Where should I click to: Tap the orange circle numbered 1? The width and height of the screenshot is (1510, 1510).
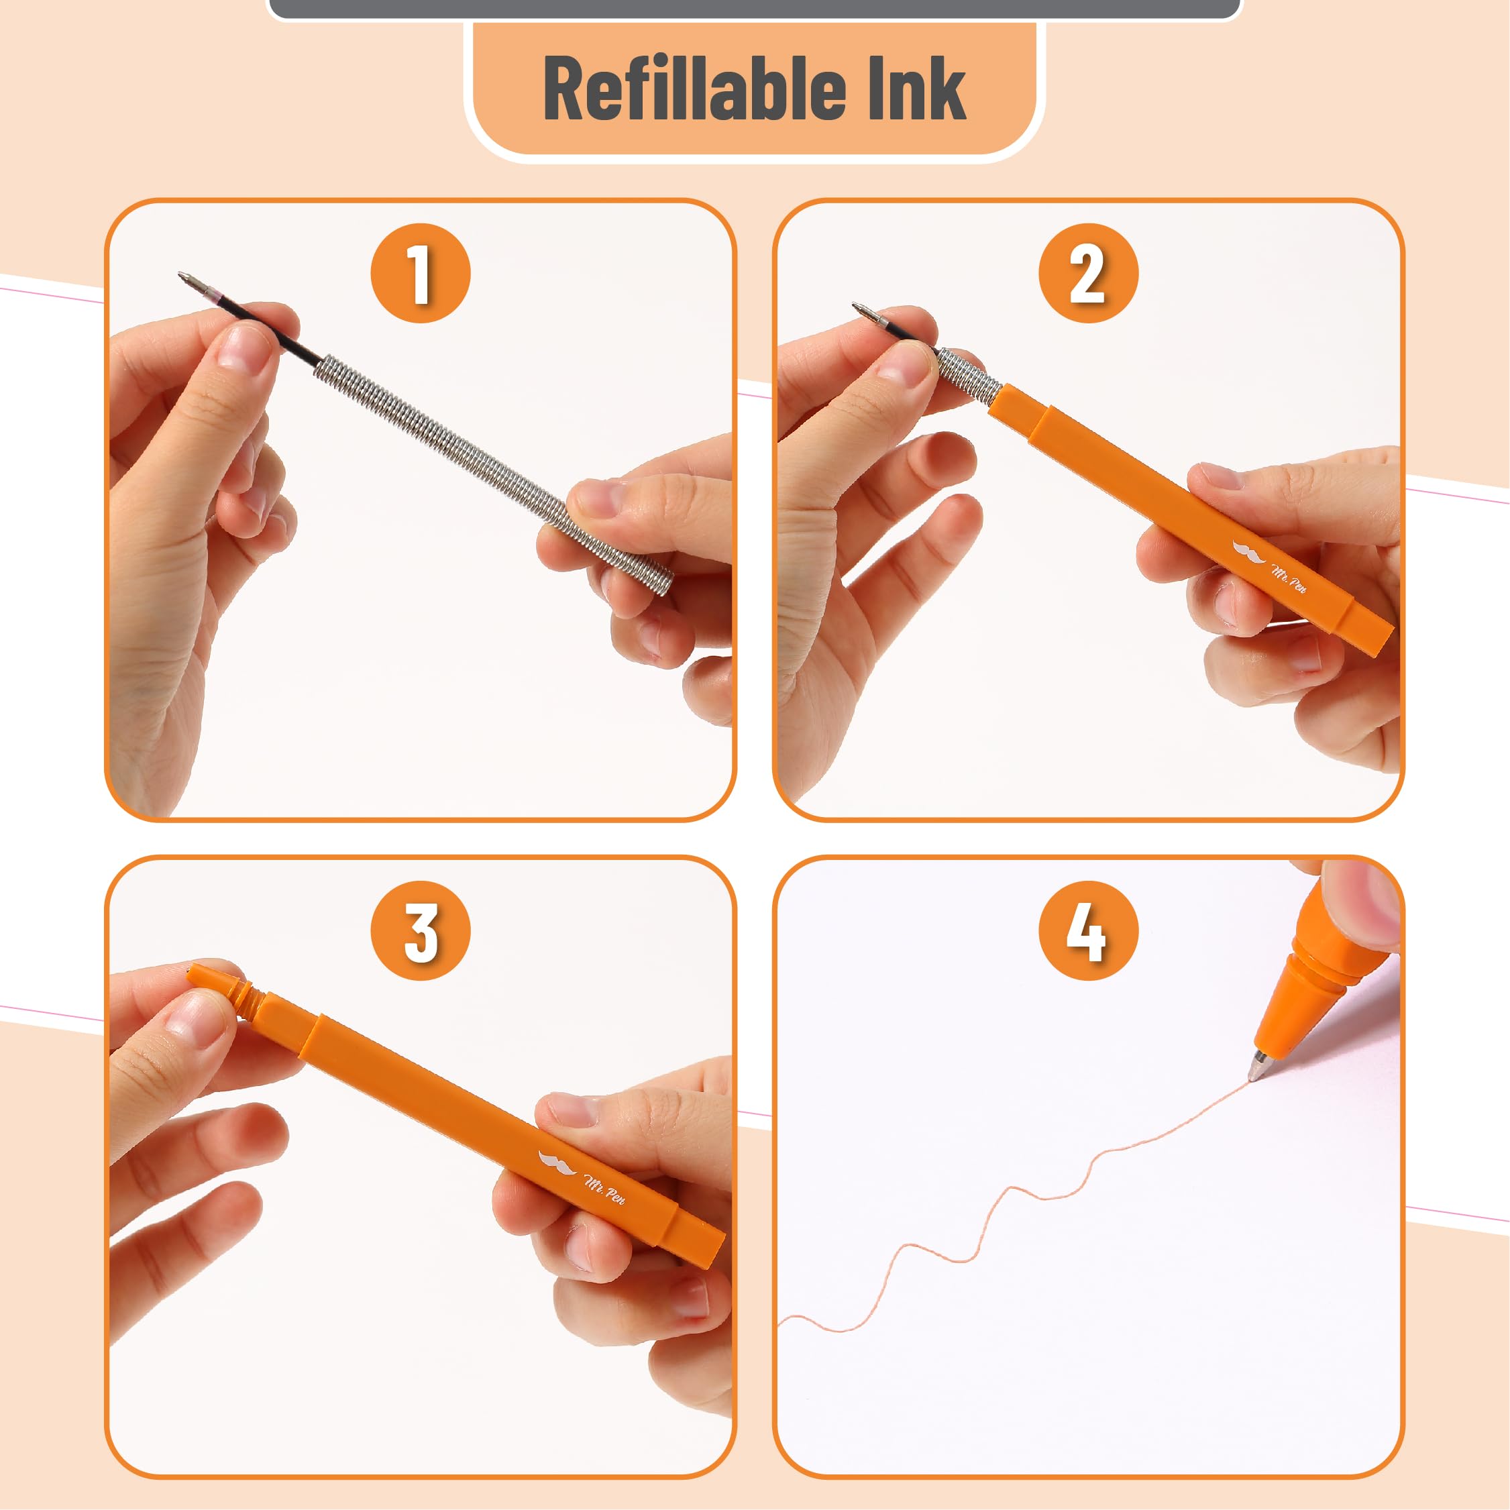[x=421, y=273]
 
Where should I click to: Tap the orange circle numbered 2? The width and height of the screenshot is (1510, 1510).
[x=1088, y=273]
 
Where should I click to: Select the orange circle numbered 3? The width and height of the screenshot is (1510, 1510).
[x=421, y=930]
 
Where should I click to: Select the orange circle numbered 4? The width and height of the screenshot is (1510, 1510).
[x=1088, y=930]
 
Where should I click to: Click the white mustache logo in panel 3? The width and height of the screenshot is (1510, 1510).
[x=557, y=1164]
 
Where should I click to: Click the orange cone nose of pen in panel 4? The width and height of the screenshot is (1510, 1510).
[x=1289, y=1008]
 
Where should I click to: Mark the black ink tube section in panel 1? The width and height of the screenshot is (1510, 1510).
[x=274, y=332]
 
